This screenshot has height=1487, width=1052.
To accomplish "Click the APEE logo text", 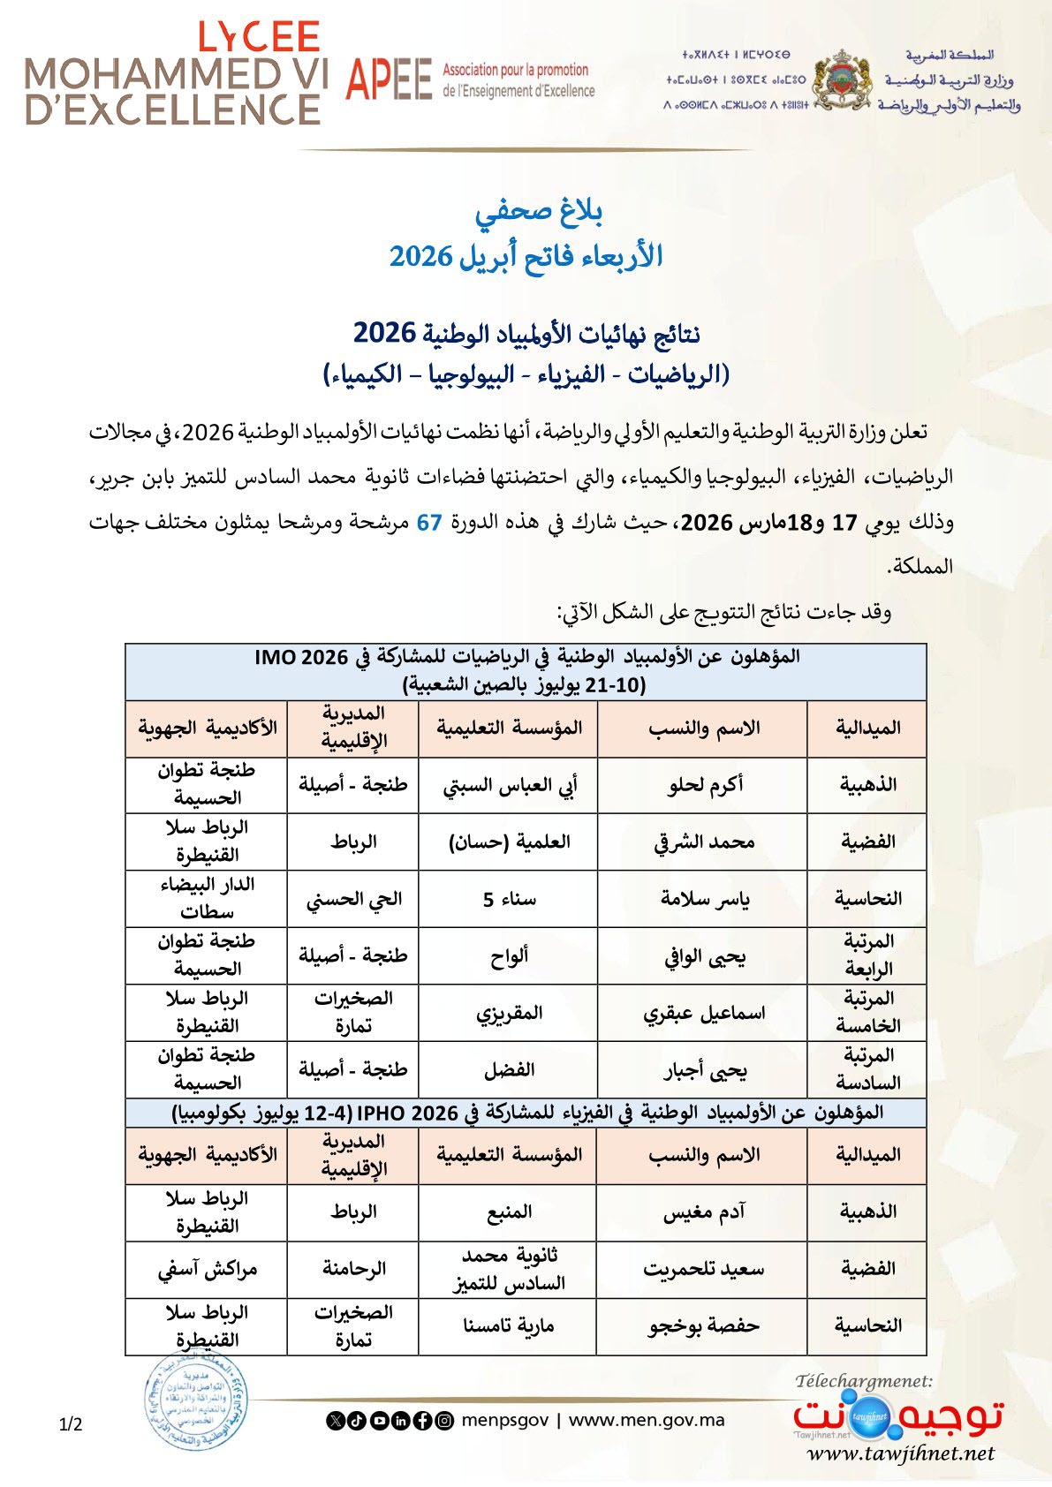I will point(389,79).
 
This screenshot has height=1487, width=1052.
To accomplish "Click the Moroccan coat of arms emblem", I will point(841,80).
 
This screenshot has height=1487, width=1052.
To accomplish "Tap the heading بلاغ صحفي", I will point(539,211).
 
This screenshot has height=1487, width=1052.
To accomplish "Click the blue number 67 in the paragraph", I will point(429,522).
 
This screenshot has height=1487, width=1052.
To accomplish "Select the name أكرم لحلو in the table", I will point(704,784).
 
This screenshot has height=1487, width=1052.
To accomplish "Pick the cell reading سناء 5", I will point(509,899).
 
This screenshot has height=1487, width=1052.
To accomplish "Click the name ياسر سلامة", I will point(704,899).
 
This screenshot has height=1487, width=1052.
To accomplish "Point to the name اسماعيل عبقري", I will point(704,1013).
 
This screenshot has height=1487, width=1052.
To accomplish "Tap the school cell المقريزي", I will point(509,1013).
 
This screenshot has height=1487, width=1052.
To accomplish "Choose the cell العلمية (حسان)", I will point(509,842).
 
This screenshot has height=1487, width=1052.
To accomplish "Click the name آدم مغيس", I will point(704,1212).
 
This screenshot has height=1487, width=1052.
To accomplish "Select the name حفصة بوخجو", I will point(704,1325).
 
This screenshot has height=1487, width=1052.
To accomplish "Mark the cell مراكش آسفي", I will point(207,1270).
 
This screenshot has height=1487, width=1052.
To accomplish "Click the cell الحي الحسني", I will point(353,899).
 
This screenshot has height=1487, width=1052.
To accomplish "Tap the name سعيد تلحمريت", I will point(704,1270).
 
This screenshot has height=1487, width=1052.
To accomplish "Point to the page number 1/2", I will point(71,1424).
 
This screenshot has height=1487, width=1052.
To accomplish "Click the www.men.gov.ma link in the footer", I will point(647,1421).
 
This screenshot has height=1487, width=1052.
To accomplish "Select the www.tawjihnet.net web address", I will point(900,1453).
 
